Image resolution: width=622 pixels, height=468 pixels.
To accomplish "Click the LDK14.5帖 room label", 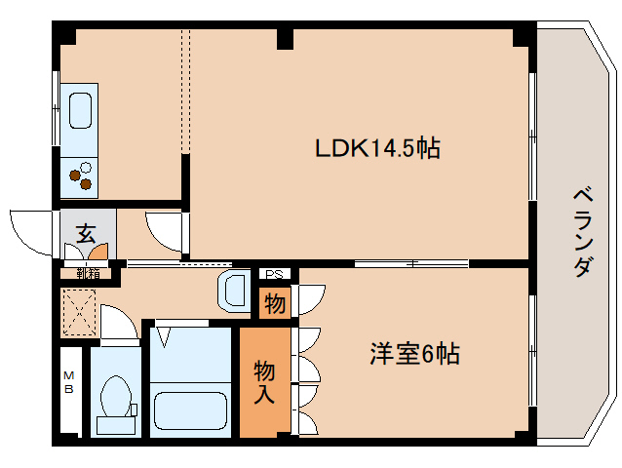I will coord(376,148).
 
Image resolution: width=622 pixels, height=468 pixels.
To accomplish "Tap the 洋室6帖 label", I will coord(413,354).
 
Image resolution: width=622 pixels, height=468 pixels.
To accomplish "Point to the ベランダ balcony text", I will coord(581,231).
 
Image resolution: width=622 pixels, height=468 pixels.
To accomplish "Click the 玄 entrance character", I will coord(86,233).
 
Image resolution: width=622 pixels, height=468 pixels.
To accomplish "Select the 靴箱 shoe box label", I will coord(87,273).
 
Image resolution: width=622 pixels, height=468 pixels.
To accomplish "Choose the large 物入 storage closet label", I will coord(265,381).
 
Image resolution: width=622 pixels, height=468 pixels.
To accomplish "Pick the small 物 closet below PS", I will coord(275,304).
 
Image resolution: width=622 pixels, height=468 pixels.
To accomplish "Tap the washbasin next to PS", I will coord(235,291).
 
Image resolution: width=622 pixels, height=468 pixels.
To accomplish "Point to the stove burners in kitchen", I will coord(80,175).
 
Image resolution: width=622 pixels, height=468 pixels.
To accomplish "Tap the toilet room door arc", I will coord(120,323).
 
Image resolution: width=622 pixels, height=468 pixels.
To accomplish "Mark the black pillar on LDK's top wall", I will coord(284,39).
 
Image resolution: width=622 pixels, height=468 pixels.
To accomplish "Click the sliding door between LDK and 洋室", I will coord(410,264).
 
